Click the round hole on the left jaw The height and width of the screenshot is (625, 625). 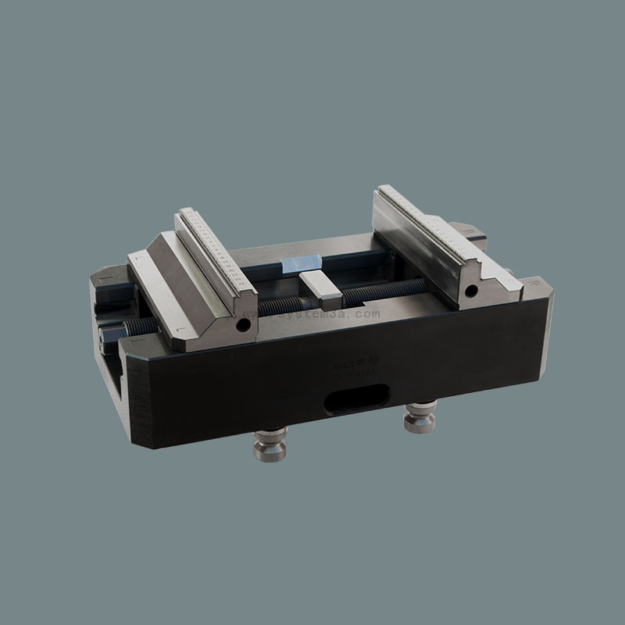245,323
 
